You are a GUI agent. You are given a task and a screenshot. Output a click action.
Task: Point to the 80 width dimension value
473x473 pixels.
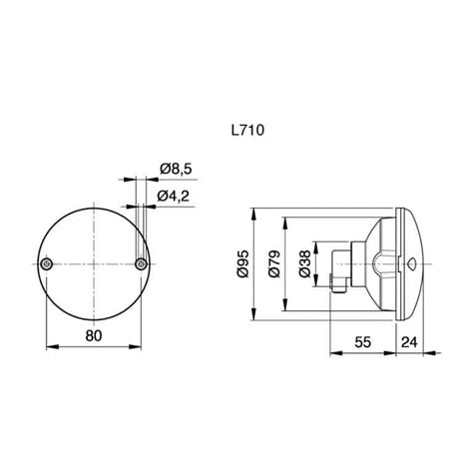[94, 335]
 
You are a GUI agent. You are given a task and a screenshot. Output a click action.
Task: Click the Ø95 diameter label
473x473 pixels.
[242, 264]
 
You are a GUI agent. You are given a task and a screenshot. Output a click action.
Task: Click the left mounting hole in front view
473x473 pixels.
[48, 262]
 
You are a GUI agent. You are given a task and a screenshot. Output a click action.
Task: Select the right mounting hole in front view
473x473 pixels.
[142, 262]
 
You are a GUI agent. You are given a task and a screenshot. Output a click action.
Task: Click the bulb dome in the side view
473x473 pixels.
[382, 264]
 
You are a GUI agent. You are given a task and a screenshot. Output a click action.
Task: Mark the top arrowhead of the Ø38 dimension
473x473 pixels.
[316, 242]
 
